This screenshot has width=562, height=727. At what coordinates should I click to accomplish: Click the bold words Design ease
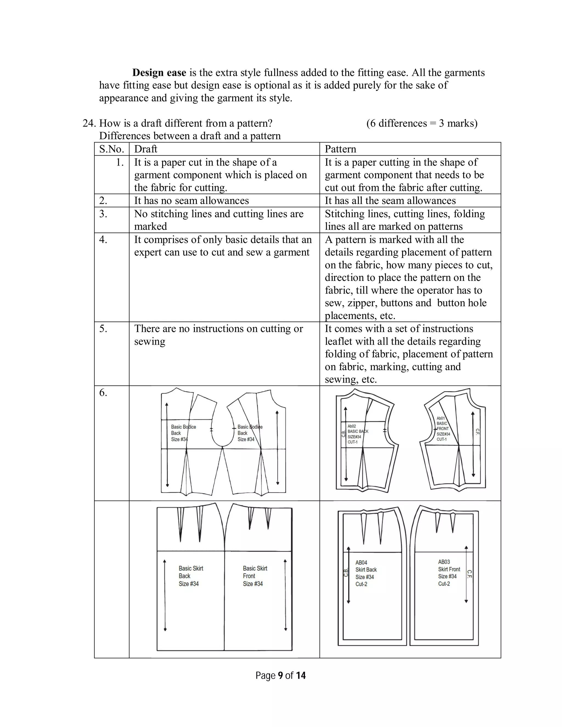pos(159,73)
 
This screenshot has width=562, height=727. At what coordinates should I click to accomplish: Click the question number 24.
pos(89,123)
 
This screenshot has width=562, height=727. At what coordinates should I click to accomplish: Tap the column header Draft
pos(145,149)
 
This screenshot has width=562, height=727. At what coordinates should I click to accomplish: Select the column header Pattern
pos(340,149)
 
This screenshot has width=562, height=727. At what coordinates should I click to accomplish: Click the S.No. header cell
pos(111,149)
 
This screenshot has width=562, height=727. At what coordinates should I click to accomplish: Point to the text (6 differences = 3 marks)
pos(422,123)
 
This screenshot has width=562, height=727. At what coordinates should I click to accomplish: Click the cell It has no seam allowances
pos(192,201)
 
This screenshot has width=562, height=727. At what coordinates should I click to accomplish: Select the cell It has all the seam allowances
pos(390,201)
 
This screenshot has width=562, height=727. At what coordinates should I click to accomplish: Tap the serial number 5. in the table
pos(103,329)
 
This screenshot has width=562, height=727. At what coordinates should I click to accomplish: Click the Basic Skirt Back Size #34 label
pos(190,576)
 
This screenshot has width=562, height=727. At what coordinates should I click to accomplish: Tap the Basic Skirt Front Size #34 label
pos(255,576)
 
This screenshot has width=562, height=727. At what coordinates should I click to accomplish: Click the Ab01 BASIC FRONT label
pos(443,429)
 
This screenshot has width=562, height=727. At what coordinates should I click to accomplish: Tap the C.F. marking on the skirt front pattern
pos(469,574)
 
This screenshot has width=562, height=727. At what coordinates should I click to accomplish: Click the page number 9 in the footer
pos(280,675)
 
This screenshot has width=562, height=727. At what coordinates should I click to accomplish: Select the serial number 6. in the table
pos(103,393)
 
